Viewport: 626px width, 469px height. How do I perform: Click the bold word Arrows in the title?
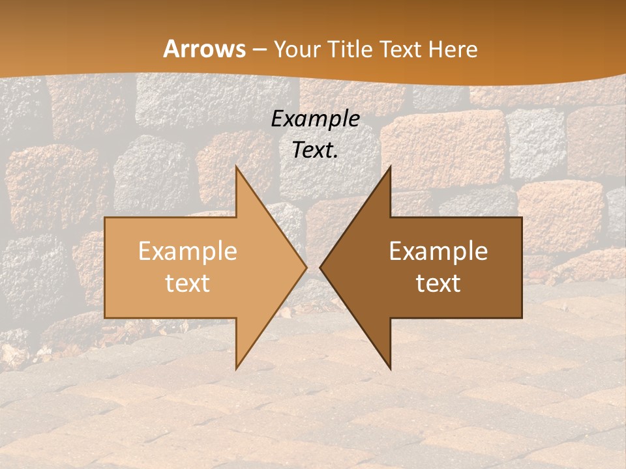coord(204,49)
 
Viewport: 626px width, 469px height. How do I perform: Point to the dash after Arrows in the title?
coord(259,50)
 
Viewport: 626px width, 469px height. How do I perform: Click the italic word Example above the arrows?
coord(315,119)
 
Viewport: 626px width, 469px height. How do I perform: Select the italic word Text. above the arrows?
coord(315,150)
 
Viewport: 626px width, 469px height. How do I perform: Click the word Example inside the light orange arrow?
coord(187,251)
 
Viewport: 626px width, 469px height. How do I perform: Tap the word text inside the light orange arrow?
coord(187,283)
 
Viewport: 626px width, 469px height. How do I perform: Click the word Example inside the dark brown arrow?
coord(438,251)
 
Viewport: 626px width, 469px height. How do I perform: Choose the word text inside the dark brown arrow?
coord(438,283)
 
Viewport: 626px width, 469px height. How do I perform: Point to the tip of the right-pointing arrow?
coord(306,267)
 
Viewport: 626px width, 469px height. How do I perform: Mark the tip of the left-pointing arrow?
coord(320,267)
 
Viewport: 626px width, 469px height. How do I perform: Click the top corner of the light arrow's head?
coord(236,167)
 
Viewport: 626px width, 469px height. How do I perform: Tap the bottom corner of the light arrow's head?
coord(236,367)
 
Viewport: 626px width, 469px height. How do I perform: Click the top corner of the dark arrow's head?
coord(390,167)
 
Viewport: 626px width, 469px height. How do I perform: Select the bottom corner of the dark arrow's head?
coord(390,367)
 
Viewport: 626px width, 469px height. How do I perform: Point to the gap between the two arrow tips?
coord(313,267)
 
